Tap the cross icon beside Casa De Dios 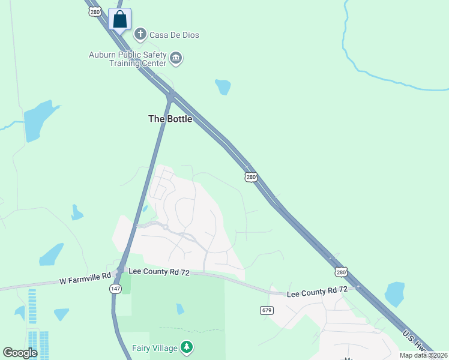[x=140, y=34]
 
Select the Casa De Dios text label [x=174, y=35]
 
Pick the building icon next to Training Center [x=176, y=58]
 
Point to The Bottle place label [x=170, y=119]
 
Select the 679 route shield [x=267, y=310]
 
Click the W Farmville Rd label [x=85, y=280]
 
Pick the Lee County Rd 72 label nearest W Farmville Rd [x=160, y=272]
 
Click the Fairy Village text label [x=155, y=348]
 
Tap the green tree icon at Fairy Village [x=187, y=347]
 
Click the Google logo [x=20, y=353]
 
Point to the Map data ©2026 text [x=424, y=355]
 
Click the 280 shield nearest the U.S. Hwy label [x=341, y=272]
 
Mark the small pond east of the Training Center [x=223, y=87]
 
